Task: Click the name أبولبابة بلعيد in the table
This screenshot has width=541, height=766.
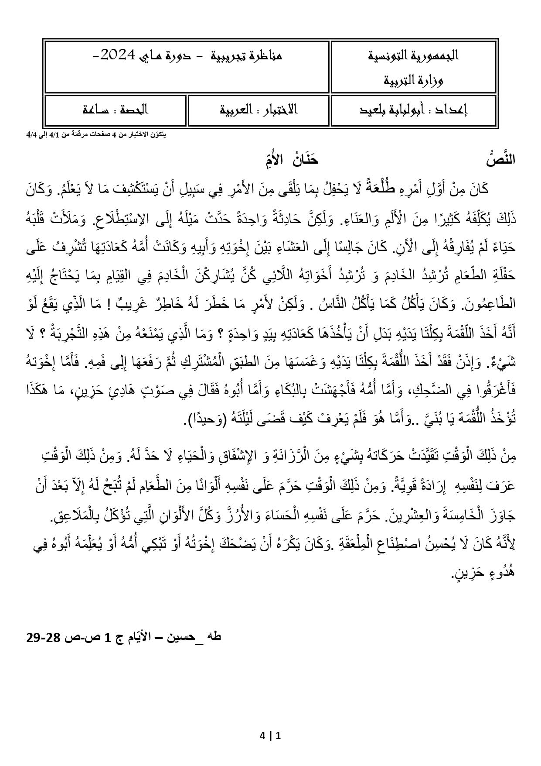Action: click(395, 110)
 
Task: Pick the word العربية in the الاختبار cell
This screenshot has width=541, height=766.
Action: click(238, 110)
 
